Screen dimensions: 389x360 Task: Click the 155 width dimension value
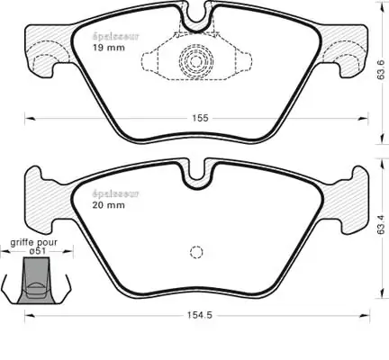tap(200, 118)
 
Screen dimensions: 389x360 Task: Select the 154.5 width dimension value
tap(200, 315)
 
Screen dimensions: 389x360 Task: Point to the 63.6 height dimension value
tap(381, 69)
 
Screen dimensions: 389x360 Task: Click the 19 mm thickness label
tap(108, 48)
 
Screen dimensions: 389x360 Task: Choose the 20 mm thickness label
tap(108, 205)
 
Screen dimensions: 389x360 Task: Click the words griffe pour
tap(33, 242)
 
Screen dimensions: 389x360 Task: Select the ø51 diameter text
tap(38, 251)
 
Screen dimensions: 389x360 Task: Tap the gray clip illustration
tap(37, 281)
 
